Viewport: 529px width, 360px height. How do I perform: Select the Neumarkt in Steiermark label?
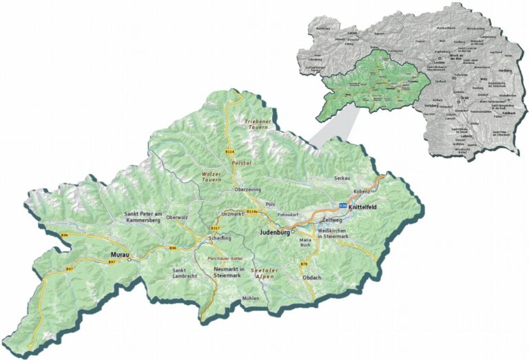coord(229,271)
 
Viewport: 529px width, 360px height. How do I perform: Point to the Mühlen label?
coord(251,298)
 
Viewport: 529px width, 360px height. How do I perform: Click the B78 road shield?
coord(304,264)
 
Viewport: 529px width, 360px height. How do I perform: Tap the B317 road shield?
coord(215,228)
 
